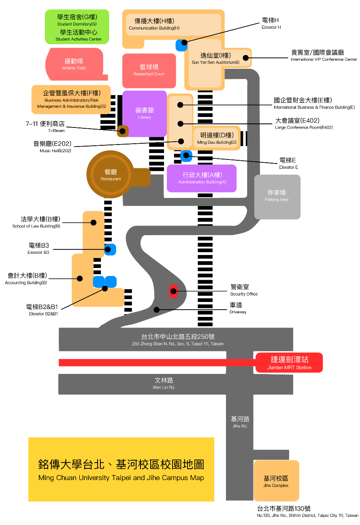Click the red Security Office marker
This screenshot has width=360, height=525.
coord(173,291)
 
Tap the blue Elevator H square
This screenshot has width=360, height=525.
coord(181,45)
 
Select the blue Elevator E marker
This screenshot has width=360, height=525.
coord(186,156)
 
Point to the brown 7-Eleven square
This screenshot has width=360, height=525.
coord(123,131)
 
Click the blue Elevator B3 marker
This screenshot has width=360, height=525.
coord(110,249)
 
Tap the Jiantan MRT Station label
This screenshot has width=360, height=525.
coord(289,363)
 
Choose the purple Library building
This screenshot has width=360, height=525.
coord(145,113)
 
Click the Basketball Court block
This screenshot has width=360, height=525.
coord(149,70)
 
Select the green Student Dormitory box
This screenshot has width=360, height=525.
coord(77,27)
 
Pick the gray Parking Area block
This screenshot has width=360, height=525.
coord(277,197)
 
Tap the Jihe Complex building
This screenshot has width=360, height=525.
coord(276,480)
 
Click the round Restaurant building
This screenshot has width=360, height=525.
coord(111,174)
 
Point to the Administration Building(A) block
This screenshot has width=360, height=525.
coord(202,179)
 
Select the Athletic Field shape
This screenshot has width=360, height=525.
coord(75,64)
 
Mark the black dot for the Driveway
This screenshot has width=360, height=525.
coord(156,310)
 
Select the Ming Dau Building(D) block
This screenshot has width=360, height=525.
coord(217,138)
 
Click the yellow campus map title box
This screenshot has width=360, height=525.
coord(121,469)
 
